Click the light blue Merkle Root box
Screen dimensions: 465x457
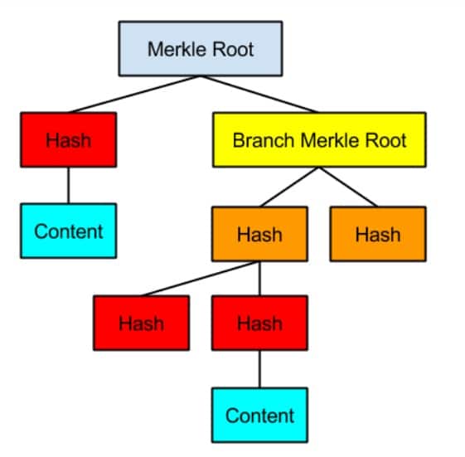[x=201, y=49]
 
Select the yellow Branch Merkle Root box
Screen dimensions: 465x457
[x=319, y=140]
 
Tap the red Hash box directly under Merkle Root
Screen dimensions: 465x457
[x=69, y=140]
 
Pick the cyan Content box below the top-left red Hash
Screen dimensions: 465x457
[x=69, y=231]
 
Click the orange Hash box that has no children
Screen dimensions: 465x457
[x=378, y=234]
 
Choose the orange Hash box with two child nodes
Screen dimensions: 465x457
[x=259, y=234]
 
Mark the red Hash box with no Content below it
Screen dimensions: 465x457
[x=142, y=323]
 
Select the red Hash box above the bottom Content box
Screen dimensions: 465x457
[x=259, y=323]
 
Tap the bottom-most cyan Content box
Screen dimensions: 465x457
[x=259, y=416]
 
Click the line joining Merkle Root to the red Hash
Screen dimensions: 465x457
[x=134, y=95]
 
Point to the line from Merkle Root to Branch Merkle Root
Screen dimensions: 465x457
[x=259, y=95]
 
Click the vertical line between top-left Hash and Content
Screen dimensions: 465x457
[x=69, y=186]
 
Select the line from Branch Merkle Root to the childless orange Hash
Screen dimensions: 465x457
[x=349, y=187]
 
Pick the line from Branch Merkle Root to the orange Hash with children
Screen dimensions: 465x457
[x=289, y=187]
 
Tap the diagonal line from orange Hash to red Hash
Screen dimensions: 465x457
[x=201, y=279]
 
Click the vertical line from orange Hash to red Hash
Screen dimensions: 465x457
[x=259, y=279]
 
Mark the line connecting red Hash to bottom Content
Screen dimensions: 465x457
[x=259, y=369]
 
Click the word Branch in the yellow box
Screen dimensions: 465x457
[x=264, y=140]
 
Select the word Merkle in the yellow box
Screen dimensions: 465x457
[x=330, y=140]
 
